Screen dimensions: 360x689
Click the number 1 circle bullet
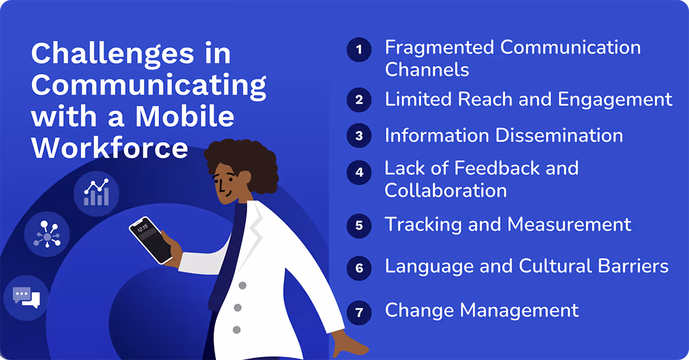coord(359,49)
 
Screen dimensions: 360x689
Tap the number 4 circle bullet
coord(359,172)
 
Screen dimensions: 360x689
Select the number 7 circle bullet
coord(359,313)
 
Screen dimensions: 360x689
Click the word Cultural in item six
coord(560,266)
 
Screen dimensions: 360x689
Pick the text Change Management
coord(482,310)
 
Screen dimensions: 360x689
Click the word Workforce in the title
coord(110,148)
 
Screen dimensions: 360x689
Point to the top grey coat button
coord(242,286)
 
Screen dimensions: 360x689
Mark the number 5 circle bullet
coord(359,225)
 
